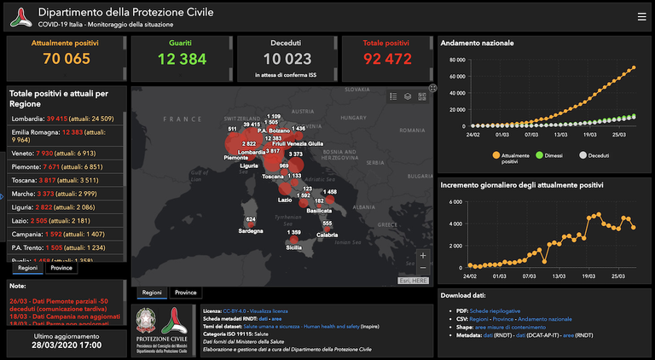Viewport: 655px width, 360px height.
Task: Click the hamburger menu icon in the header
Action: (641, 16)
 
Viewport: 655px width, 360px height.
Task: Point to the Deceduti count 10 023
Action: (287, 58)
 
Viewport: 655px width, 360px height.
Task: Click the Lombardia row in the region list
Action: (67, 119)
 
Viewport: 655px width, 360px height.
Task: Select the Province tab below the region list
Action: (61, 268)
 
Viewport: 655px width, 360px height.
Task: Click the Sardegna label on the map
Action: (250, 230)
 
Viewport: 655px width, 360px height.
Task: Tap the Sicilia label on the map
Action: (293, 247)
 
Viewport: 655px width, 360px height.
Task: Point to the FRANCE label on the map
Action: (181, 119)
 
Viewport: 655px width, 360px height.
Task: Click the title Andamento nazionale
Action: (477, 43)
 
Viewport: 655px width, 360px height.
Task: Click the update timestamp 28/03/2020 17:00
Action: (67, 345)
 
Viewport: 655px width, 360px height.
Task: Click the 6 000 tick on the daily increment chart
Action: (455, 201)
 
